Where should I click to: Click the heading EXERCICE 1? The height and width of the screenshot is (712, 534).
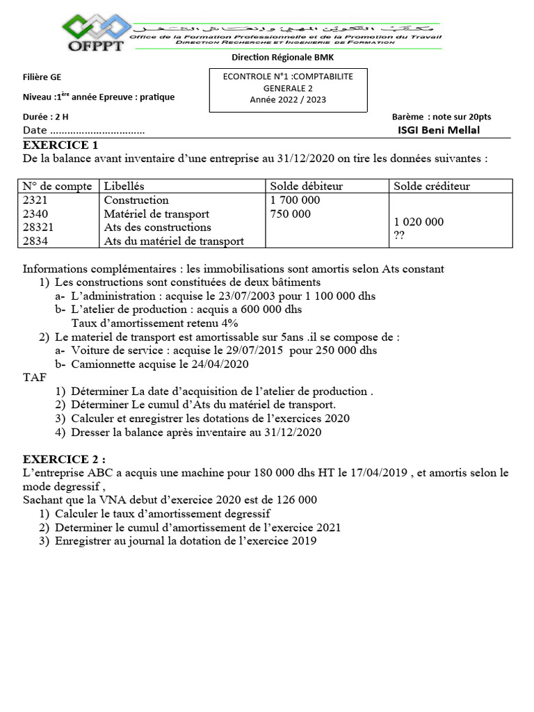click(x=60, y=145)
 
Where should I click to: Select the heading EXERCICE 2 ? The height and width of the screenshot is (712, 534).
click(x=65, y=459)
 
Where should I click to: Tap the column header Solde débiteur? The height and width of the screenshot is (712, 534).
click(x=306, y=186)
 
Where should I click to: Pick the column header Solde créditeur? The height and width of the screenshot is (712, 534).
click(x=432, y=186)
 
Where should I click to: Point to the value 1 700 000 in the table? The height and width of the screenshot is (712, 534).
click(x=295, y=200)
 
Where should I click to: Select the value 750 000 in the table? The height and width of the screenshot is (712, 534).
click(x=290, y=214)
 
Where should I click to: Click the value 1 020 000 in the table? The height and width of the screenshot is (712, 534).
click(x=418, y=222)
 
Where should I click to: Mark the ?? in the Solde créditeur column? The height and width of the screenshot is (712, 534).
click(x=399, y=236)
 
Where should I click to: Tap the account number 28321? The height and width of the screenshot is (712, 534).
click(x=39, y=227)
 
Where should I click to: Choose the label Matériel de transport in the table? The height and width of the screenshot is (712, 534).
click(x=156, y=214)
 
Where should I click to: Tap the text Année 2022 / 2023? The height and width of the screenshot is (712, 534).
click(x=288, y=99)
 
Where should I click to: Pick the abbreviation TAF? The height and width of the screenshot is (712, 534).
click(x=35, y=378)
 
